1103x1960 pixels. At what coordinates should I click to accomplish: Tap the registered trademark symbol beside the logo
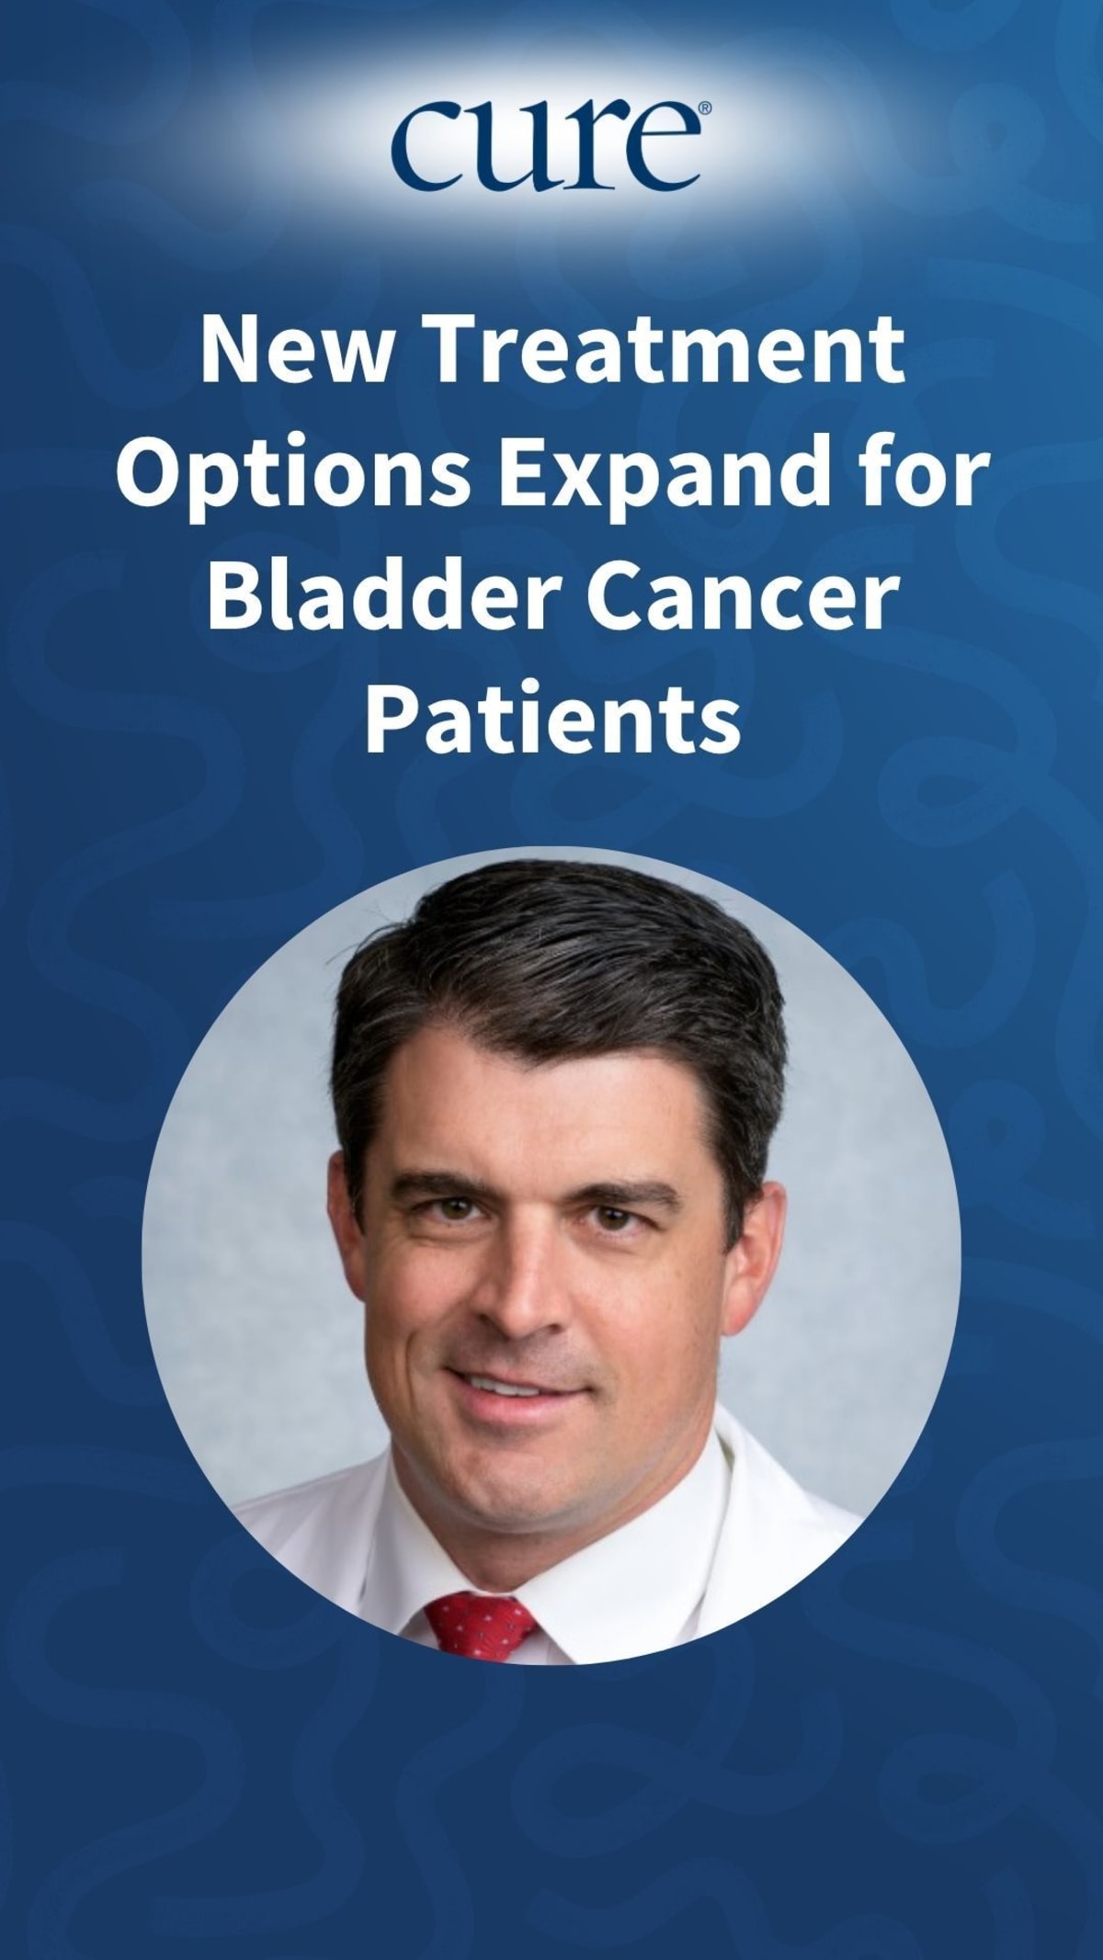(704, 108)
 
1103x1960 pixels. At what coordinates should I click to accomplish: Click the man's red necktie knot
(480, 1624)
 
